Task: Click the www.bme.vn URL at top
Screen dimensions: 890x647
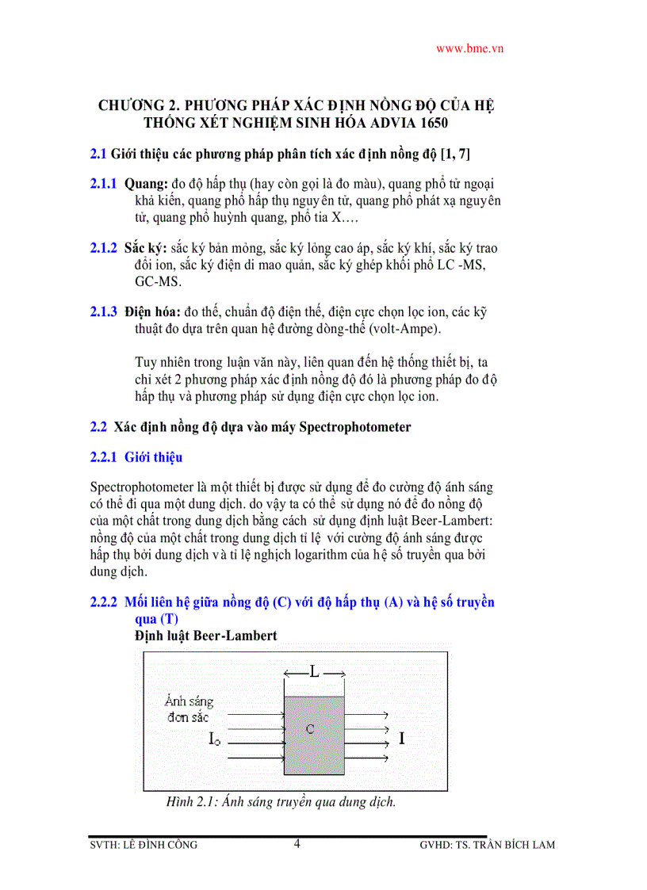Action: coord(470,48)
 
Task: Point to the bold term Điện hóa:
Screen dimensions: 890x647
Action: coord(153,312)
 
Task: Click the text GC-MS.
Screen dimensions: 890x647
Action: coord(158,281)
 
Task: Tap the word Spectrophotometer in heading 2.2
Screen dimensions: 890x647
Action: coord(354,427)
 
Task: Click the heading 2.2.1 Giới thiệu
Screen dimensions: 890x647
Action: coord(136,457)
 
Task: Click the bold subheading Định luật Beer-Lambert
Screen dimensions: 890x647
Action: coord(205,636)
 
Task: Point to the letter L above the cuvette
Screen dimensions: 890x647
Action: coord(314,673)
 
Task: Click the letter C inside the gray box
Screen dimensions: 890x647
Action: coord(311,729)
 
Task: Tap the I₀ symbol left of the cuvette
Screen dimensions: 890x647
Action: coord(214,739)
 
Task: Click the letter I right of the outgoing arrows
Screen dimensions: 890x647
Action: coord(402,739)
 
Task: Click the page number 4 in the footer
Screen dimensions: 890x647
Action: coord(297,843)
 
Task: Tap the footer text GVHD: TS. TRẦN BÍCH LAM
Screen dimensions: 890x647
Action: coord(487,845)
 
